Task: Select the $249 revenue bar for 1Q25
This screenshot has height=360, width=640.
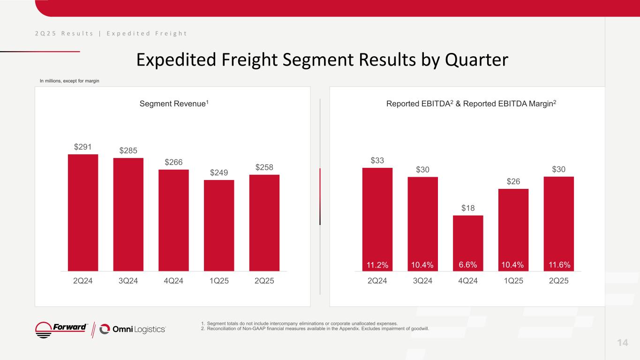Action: pyautogui.click(x=219, y=225)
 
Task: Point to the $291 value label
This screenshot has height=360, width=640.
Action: pyautogui.click(x=83, y=147)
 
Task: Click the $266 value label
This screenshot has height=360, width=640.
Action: pyautogui.click(x=173, y=162)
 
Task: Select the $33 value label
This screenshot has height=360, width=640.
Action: pyautogui.click(x=377, y=161)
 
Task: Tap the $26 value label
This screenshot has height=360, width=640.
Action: pyautogui.click(x=513, y=181)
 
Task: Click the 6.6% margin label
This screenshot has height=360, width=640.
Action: pyautogui.click(x=468, y=265)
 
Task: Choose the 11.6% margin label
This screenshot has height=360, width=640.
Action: pyautogui.click(x=559, y=265)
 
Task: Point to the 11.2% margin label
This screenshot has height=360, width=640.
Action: pyautogui.click(x=377, y=265)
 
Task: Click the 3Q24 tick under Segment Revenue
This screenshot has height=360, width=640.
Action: pyautogui.click(x=128, y=281)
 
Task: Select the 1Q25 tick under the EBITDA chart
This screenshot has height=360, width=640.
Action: pyautogui.click(x=513, y=281)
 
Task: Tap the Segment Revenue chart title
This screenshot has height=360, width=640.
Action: pyautogui.click(x=174, y=103)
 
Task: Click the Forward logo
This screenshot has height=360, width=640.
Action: pyautogui.click(x=62, y=329)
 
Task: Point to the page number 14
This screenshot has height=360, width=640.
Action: pyautogui.click(x=622, y=343)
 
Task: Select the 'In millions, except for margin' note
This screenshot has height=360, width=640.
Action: pyautogui.click(x=69, y=81)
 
